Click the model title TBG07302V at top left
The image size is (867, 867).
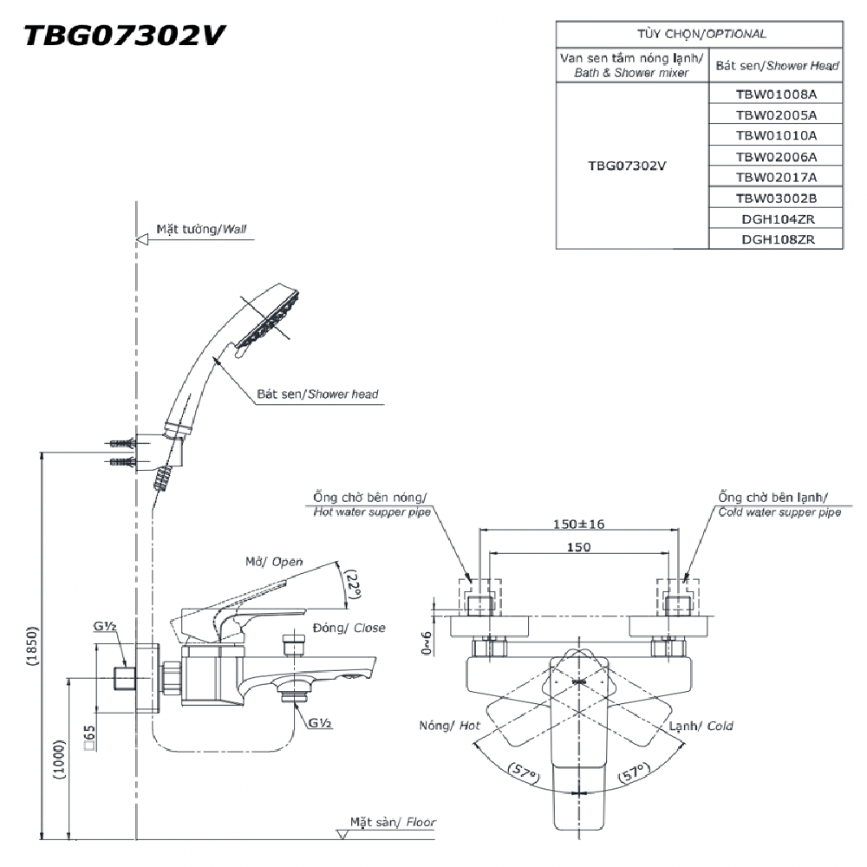click(x=125, y=36)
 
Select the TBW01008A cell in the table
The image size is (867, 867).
click(x=776, y=94)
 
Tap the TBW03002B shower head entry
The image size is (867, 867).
click(x=776, y=198)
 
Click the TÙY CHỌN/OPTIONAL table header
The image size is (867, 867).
click(x=699, y=34)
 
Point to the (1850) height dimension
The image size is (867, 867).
click(x=32, y=645)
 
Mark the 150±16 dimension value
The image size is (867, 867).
click(x=578, y=524)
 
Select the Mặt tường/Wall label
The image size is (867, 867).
click(x=201, y=230)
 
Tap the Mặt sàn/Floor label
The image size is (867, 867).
click(x=393, y=822)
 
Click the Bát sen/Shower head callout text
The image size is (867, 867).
click(x=317, y=394)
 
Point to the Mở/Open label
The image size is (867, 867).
click(x=274, y=562)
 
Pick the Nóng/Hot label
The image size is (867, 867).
click(x=449, y=726)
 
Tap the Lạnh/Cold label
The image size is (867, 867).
click(x=707, y=726)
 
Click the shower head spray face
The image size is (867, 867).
click(x=271, y=323)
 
